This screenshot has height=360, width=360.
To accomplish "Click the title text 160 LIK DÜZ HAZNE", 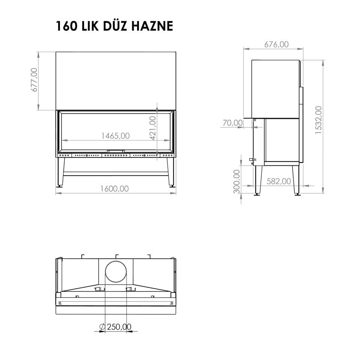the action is pyautogui.click(x=114, y=26).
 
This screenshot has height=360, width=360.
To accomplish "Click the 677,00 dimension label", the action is pyautogui.click(x=34, y=79).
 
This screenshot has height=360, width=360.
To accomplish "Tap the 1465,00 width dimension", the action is pyautogui.click(x=115, y=136).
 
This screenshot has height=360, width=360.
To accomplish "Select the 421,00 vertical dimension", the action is pyautogui.click(x=153, y=128).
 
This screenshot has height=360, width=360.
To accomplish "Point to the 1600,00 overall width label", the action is pyautogui.click(x=114, y=189).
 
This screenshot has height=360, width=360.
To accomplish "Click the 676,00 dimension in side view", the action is pyautogui.click(x=276, y=44).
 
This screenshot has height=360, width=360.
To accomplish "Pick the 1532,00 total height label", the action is pyautogui.click(x=319, y=120).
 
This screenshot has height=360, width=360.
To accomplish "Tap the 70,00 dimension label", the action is pyautogui.click(x=232, y=123).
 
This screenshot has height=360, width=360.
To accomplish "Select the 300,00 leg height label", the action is pyautogui.click(x=237, y=181).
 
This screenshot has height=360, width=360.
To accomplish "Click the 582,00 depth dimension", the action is pyautogui.click(x=279, y=181).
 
